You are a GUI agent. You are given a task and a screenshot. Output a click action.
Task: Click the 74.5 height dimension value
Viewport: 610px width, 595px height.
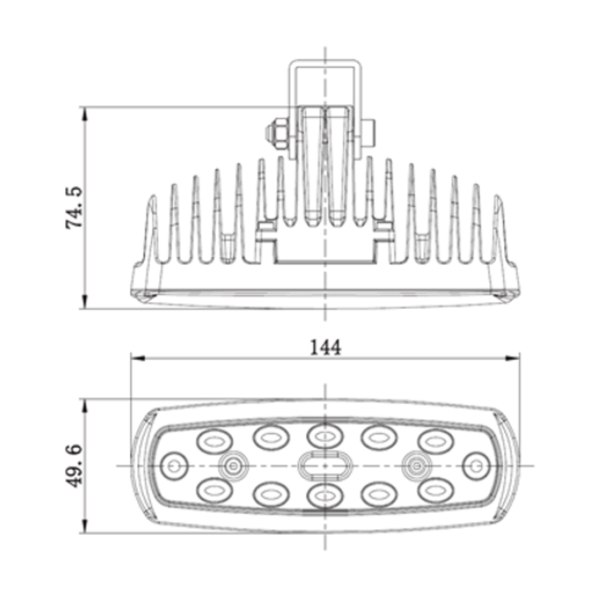point(75,208)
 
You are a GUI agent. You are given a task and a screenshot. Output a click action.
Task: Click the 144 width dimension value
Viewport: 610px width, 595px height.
point(325,347)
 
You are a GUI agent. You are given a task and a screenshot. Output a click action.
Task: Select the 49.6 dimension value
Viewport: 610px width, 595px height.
point(75,465)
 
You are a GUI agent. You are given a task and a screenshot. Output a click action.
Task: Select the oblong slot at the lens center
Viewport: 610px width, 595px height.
point(325,466)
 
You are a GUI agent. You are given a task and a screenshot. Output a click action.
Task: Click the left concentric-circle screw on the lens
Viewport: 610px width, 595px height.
point(232,467)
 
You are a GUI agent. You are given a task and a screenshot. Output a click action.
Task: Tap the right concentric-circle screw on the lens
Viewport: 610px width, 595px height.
point(417,467)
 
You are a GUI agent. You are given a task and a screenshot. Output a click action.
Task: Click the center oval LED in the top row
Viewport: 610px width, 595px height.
point(324,436)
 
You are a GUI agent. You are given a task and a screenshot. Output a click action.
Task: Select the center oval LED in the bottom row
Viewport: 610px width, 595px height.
point(324,495)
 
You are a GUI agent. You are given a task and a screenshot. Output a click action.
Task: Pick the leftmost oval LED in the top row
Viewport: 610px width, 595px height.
point(215,440)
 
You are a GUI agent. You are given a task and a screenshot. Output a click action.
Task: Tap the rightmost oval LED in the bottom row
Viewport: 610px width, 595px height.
point(435,491)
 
